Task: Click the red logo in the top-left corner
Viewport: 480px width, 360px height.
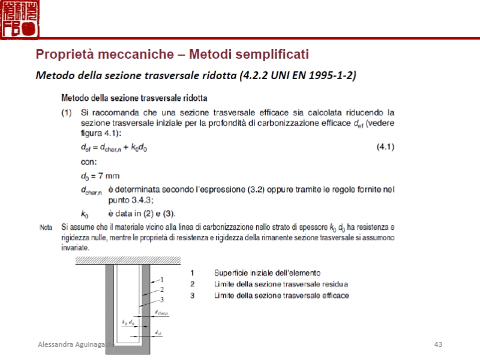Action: pos(19,19)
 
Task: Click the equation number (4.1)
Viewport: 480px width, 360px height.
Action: pos(385,147)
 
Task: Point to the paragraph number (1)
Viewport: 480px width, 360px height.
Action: pos(67,112)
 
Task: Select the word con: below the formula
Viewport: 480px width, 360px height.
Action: pos(89,161)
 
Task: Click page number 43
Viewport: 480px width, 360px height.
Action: pos(438,344)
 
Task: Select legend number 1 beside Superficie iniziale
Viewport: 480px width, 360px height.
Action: pos(192,272)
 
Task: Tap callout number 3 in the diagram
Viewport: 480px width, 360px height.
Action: pos(161,299)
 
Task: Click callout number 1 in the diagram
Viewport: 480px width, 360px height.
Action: pos(161,280)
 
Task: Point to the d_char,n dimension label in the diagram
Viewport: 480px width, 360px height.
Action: pos(161,313)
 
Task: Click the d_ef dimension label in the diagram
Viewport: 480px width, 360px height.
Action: pos(157,332)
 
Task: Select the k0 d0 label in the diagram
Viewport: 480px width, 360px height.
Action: pos(128,323)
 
